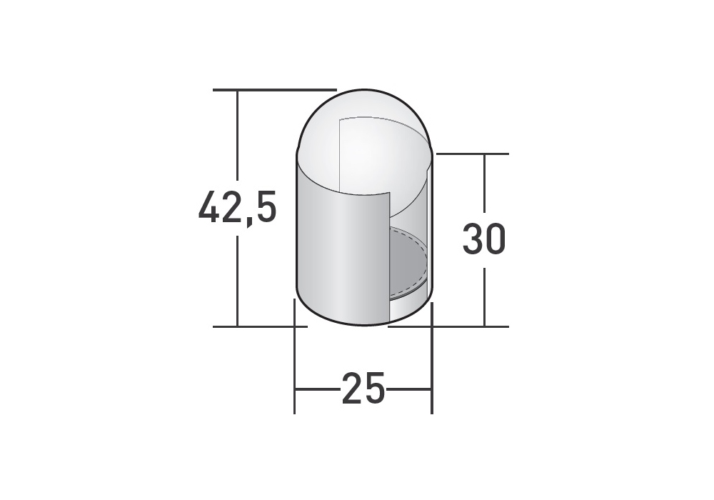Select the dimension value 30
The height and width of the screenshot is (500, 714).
484,239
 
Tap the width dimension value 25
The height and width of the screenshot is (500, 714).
363,389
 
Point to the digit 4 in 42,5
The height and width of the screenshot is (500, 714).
210,206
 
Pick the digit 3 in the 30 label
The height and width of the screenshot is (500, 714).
473,239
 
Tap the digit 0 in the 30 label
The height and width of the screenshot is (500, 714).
496,239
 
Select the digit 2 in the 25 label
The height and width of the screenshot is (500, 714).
352,388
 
